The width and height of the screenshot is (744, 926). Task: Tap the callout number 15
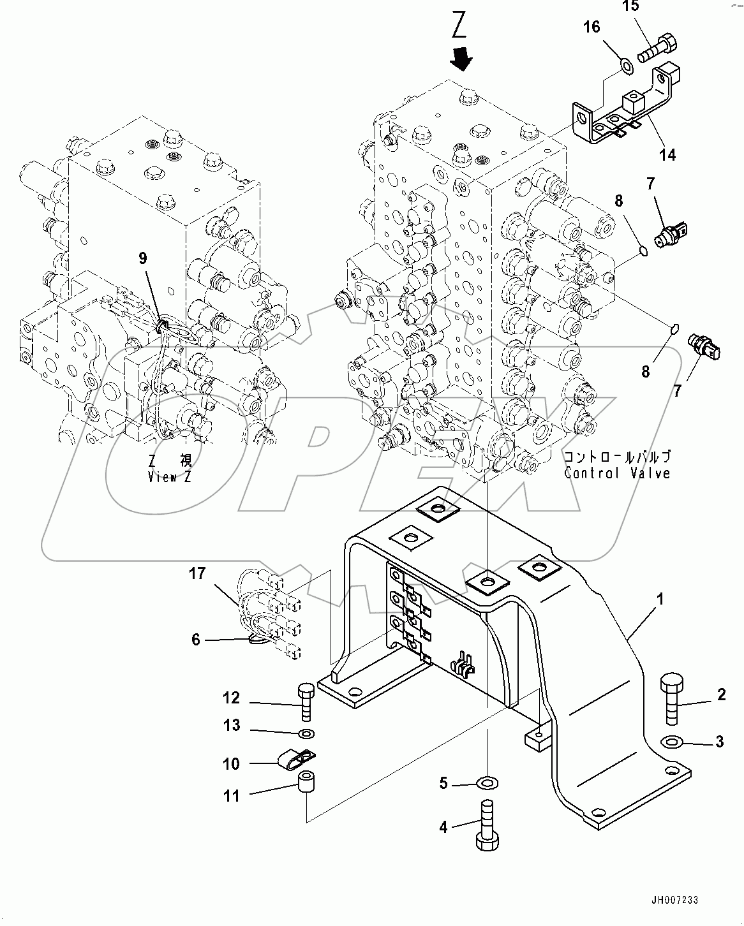[x=630, y=7]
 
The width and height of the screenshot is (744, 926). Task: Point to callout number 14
[x=667, y=154]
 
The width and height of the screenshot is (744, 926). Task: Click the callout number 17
[x=197, y=573]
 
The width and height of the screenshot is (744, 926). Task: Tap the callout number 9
[x=143, y=258]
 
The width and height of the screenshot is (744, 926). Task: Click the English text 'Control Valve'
[x=616, y=473]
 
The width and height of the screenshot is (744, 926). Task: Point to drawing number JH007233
[x=675, y=900]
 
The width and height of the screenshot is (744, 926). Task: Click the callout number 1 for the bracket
[x=660, y=599]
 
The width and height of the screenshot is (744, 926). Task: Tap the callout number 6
[x=196, y=639]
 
